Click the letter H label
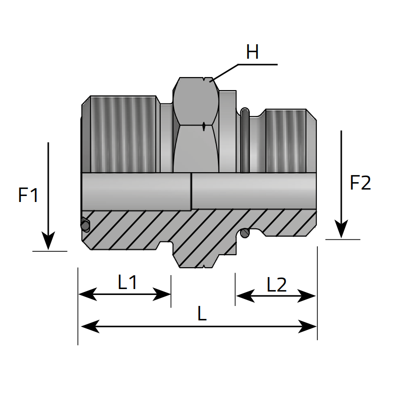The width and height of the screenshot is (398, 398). pos(252,52)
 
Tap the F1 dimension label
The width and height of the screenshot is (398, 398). pos(28,195)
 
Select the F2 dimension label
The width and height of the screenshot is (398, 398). pos(360,183)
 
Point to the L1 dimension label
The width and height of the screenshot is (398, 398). pos(127,283)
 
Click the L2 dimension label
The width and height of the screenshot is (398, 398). pos(277,285)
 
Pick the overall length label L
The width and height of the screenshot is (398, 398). pos(201,314)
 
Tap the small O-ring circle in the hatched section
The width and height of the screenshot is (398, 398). pos(244,233)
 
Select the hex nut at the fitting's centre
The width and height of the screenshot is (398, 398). pos(196,124)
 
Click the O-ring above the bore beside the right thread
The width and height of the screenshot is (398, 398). pos(245,139)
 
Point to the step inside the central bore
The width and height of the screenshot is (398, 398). pos(192,192)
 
